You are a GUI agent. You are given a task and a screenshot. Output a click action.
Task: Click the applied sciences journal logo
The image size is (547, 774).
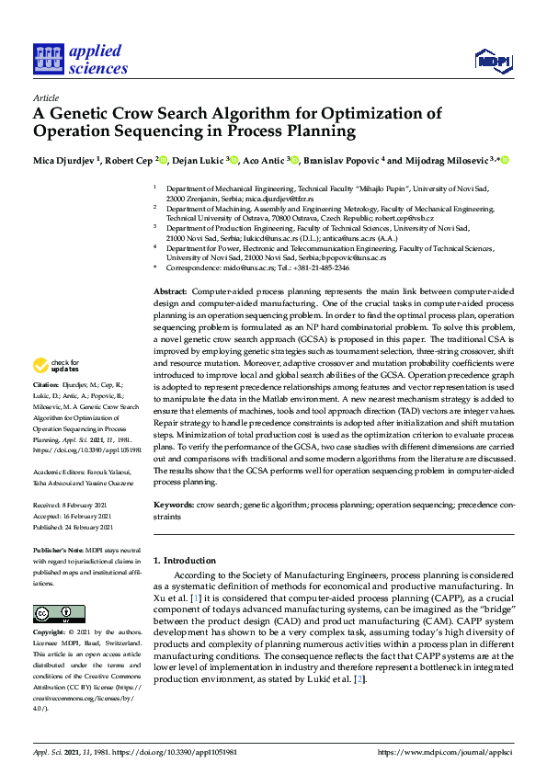point(80,59)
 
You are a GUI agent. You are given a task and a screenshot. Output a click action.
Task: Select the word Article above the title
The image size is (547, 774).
point(45,97)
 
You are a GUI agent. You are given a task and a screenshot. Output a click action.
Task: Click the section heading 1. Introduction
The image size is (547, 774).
point(185,560)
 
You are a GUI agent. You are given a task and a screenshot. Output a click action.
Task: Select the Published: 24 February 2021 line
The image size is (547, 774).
point(74,527)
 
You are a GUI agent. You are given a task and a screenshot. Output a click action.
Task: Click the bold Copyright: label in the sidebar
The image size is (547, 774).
point(48,633)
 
